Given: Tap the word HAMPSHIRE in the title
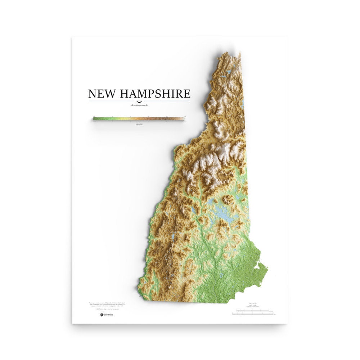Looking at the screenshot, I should (x=155, y=94).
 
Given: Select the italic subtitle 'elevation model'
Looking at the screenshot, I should (x=139, y=105).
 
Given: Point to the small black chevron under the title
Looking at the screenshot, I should (x=139, y=102).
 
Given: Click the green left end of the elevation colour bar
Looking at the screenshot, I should (x=95, y=119).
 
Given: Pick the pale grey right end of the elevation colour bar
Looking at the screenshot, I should (x=183, y=119).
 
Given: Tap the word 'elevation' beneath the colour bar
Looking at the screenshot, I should (x=139, y=124).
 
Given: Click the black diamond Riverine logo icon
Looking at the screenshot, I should (x=102, y=315).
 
